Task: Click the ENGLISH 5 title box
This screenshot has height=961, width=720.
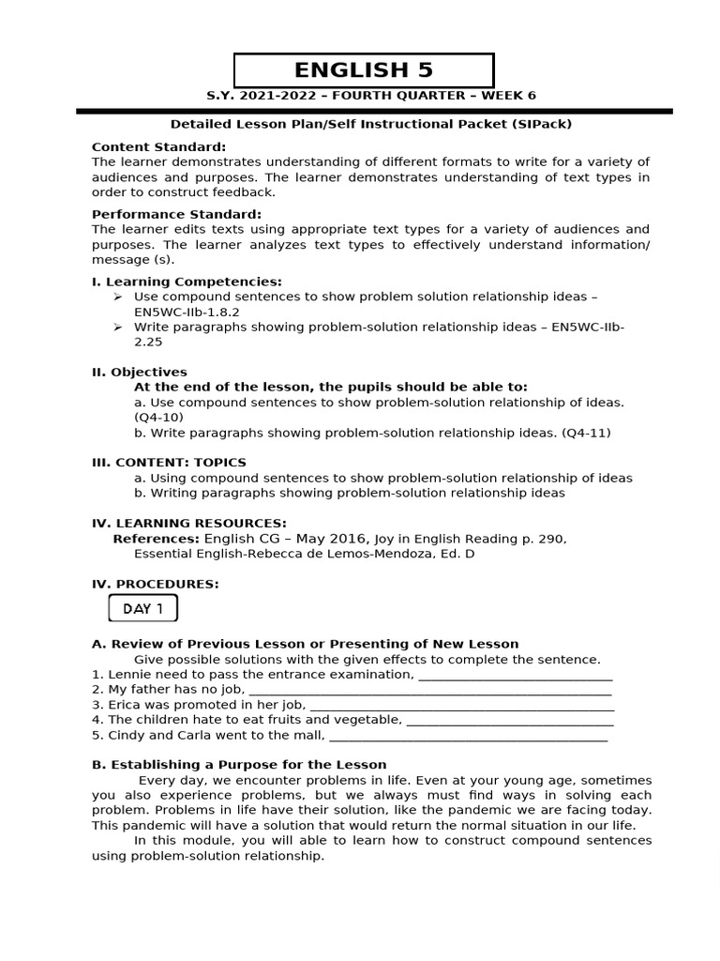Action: pos(363,70)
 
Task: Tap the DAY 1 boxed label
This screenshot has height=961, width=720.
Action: pos(142,608)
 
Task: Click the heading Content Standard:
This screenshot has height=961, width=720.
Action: pos(158,147)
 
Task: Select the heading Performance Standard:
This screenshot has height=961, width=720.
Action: pos(176,214)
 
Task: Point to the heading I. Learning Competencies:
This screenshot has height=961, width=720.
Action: pos(187,282)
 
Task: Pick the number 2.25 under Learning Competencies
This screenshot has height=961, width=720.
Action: pos(148,342)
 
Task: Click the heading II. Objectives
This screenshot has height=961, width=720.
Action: pos(139,372)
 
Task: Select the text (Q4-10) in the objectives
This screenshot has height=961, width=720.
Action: pos(158,417)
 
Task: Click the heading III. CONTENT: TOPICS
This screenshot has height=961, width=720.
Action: pos(169,463)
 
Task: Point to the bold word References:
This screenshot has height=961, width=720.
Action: pos(156,539)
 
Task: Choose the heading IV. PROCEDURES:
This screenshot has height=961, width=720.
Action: pos(155,584)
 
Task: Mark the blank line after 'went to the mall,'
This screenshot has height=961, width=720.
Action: pos(468,737)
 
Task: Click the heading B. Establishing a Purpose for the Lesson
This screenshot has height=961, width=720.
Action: pos(239,765)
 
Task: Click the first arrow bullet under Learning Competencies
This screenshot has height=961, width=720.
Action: pos(117,297)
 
